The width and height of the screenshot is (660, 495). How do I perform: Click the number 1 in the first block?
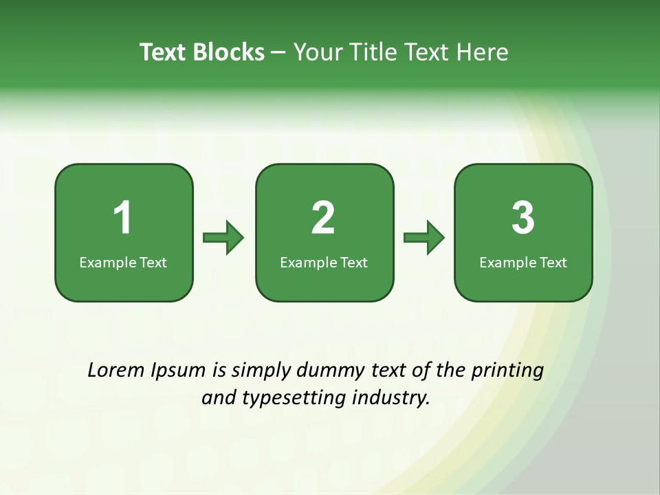[x=123, y=218]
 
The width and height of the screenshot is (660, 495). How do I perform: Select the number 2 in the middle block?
[x=323, y=218]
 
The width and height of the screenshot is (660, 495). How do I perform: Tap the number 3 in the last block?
[x=523, y=218]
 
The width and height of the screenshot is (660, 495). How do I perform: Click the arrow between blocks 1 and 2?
[x=223, y=238]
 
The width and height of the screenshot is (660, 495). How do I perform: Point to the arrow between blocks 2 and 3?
[x=424, y=238]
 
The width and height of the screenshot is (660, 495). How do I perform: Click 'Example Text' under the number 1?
[x=123, y=262]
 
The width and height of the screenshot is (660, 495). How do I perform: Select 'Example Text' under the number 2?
[x=324, y=262]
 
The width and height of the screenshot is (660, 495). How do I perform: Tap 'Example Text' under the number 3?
[x=523, y=262]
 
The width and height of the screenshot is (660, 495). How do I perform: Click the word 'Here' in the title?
[x=485, y=52]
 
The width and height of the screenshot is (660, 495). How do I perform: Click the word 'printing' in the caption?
[x=507, y=371]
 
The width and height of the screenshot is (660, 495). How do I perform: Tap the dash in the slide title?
[x=278, y=53]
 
